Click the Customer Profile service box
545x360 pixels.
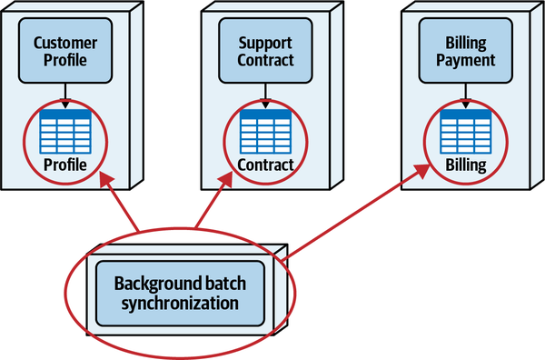click(64, 52)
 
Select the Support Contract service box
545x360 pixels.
click(265, 52)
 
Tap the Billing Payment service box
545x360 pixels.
click(464, 52)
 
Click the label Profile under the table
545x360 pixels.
click(64, 165)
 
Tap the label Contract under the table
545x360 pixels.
click(265, 165)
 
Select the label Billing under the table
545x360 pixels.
click(464, 165)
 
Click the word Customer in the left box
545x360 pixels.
click(64, 43)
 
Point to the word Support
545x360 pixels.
click(265, 43)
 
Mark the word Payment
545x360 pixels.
click(464, 61)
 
